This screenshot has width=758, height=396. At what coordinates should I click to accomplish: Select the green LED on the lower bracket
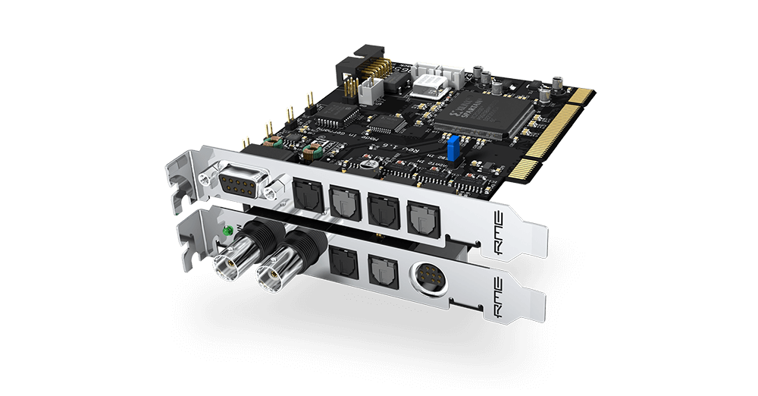[x=226, y=228]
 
